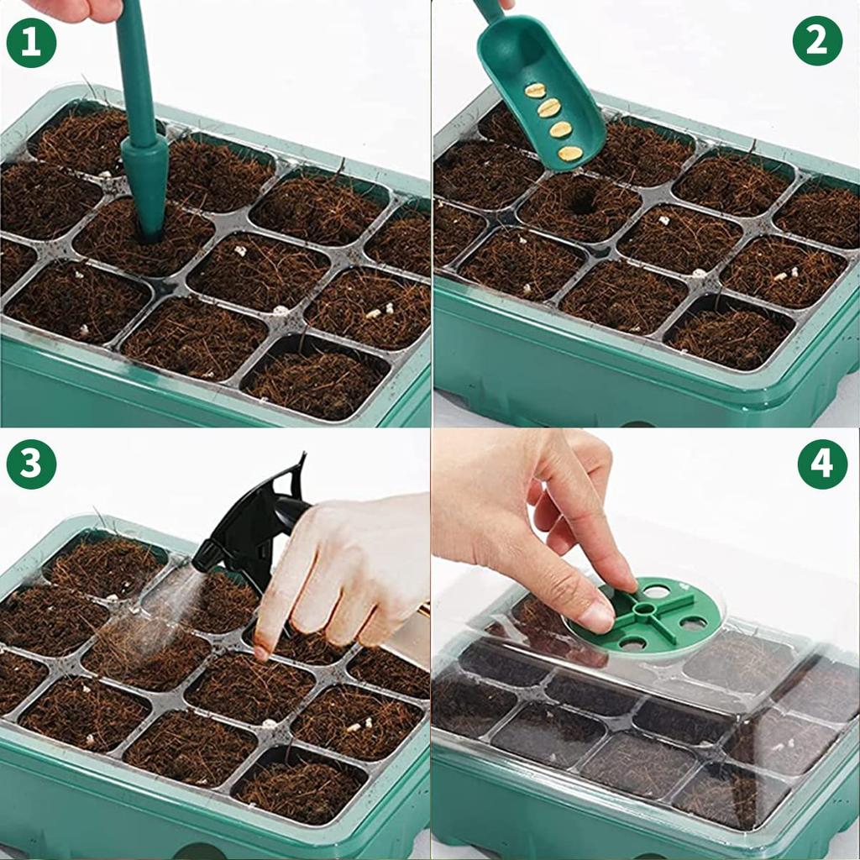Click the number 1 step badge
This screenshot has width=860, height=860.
pyautogui.click(x=31, y=43)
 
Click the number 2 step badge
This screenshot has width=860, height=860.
pyautogui.click(x=817, y=40)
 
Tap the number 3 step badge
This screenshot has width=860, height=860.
pyautogui.click(x=31, y=464)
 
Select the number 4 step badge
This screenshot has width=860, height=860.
pyautogui.click(x=822, y=464)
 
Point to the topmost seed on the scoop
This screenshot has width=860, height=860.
pyautogui.click(x=535, y=90)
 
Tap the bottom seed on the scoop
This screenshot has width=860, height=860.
pyautogui.click(x=570, y=154)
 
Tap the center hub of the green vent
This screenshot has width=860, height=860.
pyautogui.click(x=644, y=607)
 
